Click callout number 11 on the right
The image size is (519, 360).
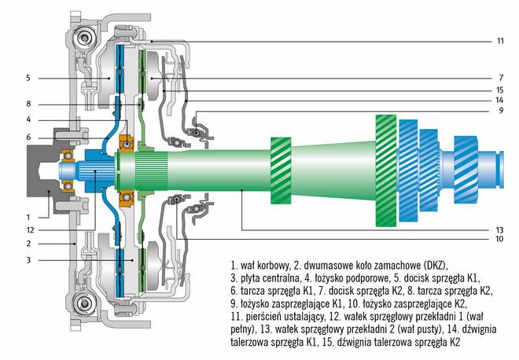[500, 41]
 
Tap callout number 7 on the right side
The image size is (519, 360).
[501, 78]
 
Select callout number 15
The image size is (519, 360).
[499, 90]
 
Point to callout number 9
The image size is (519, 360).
[501, 111]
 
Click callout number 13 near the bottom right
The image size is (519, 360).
[499, 230]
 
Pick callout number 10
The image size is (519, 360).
[499, 239]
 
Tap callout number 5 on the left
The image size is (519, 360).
[28, 78]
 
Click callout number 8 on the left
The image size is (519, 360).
[28, 104]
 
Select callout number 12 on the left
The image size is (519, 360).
[30, 230]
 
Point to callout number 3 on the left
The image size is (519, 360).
[28, 260]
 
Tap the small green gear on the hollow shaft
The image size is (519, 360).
[281, 171]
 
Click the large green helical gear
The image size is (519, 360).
[386, 171]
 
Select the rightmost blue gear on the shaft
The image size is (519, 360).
[466, 170]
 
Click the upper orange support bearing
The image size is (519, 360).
[127, 144]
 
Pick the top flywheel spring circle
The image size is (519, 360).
[84, 38]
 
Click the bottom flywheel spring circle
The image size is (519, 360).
[84, 303]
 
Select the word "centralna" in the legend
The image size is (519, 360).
[275, 278]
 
